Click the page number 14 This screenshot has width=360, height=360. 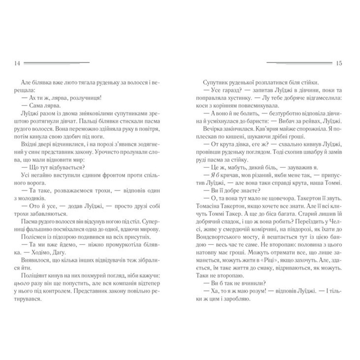[16, 63]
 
